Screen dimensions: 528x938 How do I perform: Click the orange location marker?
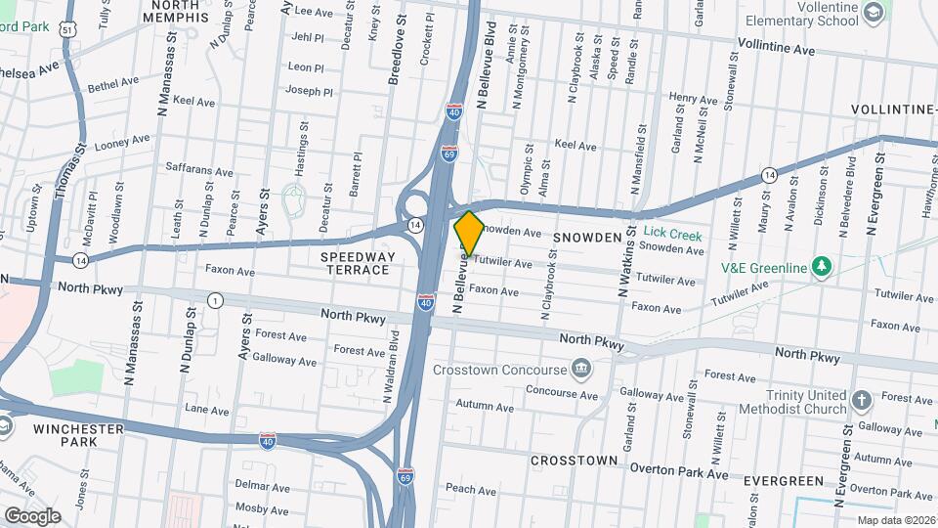point(469,233)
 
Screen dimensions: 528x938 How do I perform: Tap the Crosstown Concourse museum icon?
point(582,369)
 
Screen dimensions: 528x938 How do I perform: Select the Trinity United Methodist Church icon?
point(861,400)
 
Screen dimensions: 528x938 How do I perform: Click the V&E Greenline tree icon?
point(823,267)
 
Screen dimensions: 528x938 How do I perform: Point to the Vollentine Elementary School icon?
point(873,13)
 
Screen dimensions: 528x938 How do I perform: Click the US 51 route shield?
point(66,29)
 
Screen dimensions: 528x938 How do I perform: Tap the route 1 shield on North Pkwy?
point(213,300)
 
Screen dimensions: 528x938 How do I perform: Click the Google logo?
point(32,515)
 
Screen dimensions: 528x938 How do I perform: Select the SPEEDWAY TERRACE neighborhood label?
point(358,263)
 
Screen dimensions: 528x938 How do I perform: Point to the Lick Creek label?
point(673,235)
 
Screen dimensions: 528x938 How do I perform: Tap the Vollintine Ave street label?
point(776,48)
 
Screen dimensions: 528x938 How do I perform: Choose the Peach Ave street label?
point(465,488)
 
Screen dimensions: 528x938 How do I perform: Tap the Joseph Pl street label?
point(310,91)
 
